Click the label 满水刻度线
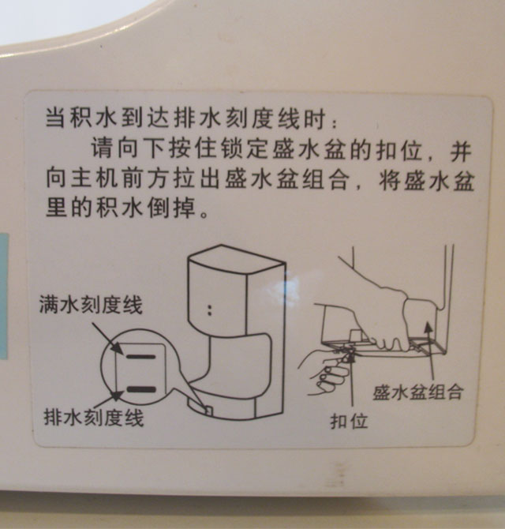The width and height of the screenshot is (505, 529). click(91, 305)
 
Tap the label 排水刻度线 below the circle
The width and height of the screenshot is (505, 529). click(94, 418)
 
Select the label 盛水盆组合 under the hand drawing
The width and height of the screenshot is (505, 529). click(418, 392)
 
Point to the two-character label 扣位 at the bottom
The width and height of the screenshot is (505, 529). click(349, 421)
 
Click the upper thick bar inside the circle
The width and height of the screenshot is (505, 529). click(141, 356)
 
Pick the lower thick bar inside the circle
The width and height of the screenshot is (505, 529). click(141, 390)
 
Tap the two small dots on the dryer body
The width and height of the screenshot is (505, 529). click(210, 310)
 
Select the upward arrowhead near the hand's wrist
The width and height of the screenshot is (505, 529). click(428, 327)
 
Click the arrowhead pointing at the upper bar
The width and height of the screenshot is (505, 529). click(118, 348)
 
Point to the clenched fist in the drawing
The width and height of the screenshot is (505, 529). click(332, 374)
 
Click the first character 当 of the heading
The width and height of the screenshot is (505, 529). click(55, 118)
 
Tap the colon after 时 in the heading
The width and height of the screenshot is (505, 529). click(334, 123)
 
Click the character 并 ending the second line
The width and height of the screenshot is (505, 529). click(460, 151)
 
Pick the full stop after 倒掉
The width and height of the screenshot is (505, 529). click(204, 214)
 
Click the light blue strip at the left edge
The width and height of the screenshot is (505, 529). click(3, 295)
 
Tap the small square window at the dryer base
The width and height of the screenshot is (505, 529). click(208, 410)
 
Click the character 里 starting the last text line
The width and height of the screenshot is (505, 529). click(55, 207)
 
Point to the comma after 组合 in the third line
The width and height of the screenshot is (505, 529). click(358, 186)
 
